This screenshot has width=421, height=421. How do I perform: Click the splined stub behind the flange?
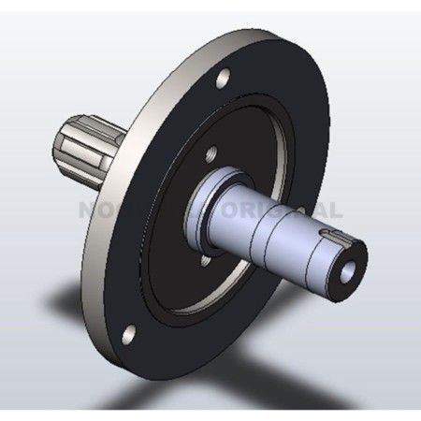pos(90,149)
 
